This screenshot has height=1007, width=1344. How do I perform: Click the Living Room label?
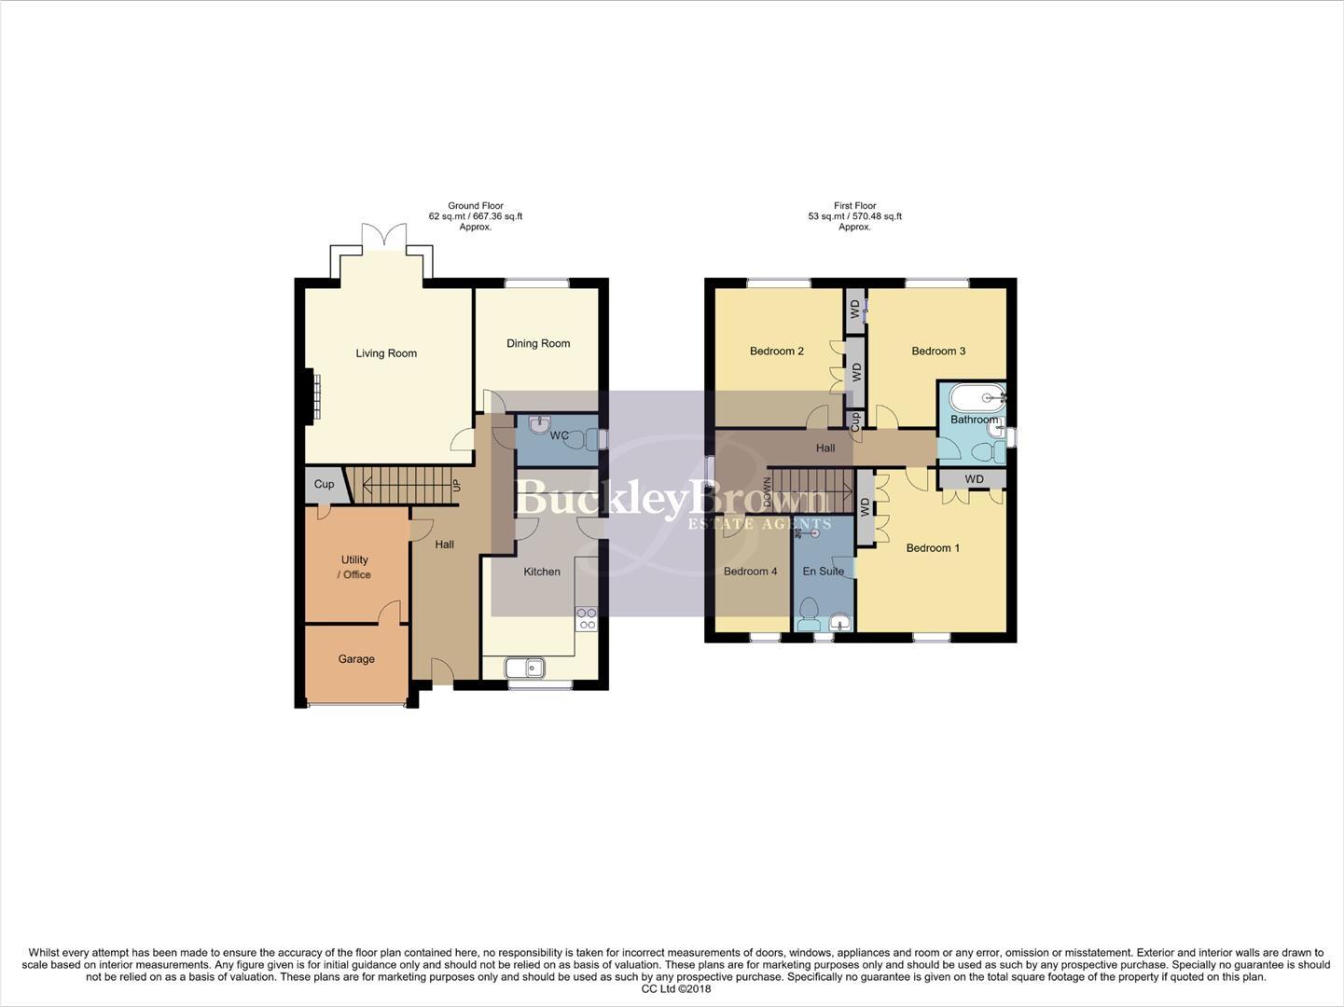(x=386, y=353)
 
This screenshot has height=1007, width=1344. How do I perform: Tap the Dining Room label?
(x=538, y=343)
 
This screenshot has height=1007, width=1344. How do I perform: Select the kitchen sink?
(x=524, y=668)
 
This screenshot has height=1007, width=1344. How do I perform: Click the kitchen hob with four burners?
(x=587, y=619)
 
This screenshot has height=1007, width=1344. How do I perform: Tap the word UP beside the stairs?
(x=456, y=486)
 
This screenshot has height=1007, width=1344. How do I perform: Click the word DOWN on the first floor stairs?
(x=768, y=491)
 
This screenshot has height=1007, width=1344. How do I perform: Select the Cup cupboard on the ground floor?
(x=324, y=484)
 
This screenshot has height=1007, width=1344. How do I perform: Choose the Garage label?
(x=356, y=659)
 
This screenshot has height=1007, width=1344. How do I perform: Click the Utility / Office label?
(x=354, y=567)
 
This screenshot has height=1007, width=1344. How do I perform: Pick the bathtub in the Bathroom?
(x=977, y=398)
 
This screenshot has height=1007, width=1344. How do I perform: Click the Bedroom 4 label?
(x=750, y=572)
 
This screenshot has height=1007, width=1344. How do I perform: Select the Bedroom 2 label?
(x=777, y=352)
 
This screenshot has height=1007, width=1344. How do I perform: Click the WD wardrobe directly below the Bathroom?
(x=974, y=479)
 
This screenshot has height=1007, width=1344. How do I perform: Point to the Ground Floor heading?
(x=475, y=206)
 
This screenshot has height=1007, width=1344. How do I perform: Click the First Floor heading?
(x=854, y=206)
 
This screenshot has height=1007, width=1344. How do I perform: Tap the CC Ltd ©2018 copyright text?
(x=675, y=989)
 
